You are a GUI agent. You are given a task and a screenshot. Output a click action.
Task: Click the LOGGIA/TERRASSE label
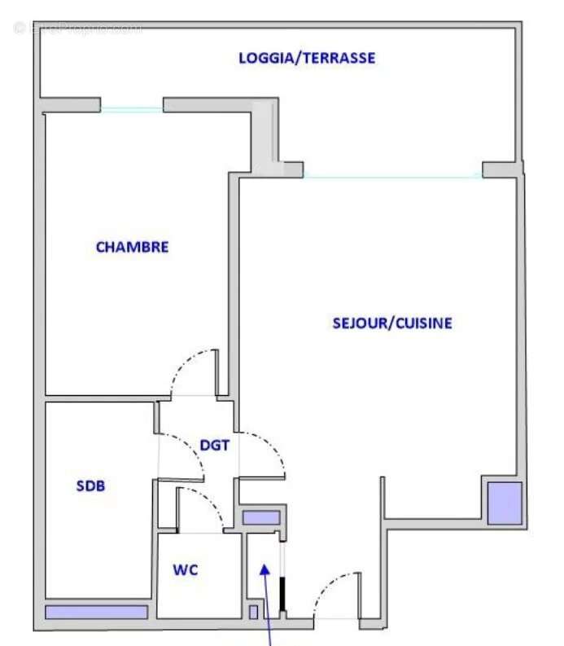tap(306, 58)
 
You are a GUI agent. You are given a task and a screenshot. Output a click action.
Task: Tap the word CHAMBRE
tap(133, 247)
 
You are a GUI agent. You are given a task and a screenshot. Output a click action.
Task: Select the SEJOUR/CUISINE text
tap(392, 323)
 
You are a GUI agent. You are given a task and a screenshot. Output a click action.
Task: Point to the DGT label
tap(215, 446)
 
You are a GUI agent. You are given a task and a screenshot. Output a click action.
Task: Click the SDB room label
tap(91, 486)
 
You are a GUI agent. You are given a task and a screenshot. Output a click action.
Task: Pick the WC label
tap(186, 570)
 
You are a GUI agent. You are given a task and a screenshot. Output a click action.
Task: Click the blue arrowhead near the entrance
tap(265, 569)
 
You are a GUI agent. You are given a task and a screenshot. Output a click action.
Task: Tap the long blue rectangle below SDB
tap(96, 612)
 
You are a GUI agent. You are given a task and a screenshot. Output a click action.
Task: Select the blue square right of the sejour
tap(504, 503)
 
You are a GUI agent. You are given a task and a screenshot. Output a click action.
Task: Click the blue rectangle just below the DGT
tap(260, 517)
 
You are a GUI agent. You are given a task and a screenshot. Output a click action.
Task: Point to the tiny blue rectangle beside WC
tap(253, 612)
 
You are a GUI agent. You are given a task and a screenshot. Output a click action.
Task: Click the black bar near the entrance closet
tap(282, 593)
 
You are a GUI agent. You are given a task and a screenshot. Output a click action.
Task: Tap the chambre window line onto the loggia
tap(132, 109)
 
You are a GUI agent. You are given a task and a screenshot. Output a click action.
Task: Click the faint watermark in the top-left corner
tap(77, 29)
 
